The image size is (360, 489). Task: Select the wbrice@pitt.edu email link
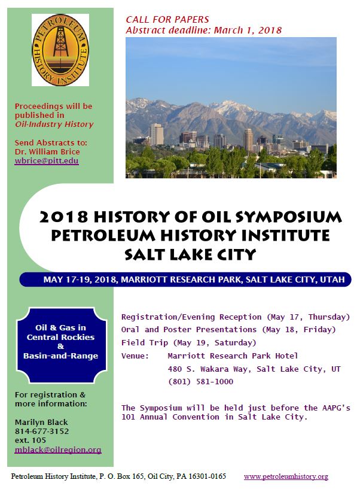47,161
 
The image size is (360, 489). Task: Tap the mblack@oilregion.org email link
58,450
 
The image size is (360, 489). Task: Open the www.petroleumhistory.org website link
286,477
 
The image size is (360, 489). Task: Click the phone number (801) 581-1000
200,381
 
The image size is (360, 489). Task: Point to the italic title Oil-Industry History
54,124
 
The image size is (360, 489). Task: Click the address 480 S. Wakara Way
208,369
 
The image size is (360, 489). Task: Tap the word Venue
135,356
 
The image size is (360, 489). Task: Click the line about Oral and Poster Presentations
228,330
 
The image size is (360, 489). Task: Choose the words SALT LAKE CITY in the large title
190,254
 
